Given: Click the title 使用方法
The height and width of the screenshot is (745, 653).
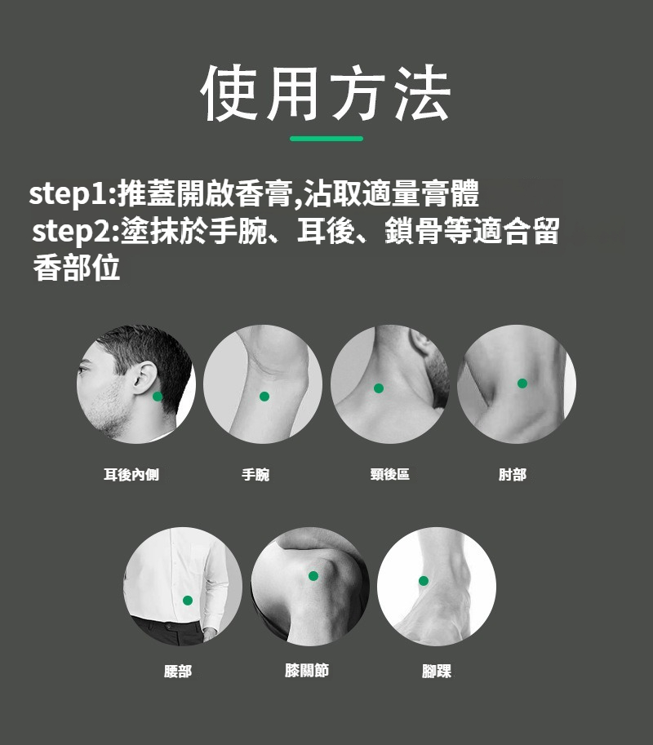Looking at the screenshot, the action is click(x=326, y=93).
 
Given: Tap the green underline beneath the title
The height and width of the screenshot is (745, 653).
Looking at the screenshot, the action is click(x=326, y=139).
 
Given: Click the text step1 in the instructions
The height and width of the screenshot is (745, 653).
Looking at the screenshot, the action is click(x=69, y=194).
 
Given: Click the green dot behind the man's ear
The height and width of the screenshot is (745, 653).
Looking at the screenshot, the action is click(x=158, y=397).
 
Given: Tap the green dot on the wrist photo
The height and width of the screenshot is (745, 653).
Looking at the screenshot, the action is click(x=264, y=397).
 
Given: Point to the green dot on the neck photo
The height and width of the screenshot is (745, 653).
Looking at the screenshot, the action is click(x=379, y=388).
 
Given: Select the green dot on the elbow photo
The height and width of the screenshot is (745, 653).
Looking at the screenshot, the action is click(x=522, y=383).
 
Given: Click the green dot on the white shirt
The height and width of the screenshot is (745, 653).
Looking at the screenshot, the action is click(x=188, y=601).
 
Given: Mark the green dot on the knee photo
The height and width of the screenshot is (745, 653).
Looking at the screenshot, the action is click(x=313, y=576).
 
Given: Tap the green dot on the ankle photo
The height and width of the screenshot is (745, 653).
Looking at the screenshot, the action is click(x=424, y=581).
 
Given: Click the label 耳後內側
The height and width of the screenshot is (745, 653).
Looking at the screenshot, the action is click(x=131, y=474).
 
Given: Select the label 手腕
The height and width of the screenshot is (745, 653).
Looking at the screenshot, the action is click(x=255, y=474).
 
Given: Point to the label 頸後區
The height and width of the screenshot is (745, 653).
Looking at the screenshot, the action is click(x=390, y=474).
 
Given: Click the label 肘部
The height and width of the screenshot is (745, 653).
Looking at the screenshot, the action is click(x=513, y=474).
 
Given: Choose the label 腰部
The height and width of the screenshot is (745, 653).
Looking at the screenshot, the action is click(x=178, y=672).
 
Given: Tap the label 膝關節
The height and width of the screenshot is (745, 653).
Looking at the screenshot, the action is click(x=307, y=671).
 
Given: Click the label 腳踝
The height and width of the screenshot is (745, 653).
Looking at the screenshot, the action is click(x=436, y=671).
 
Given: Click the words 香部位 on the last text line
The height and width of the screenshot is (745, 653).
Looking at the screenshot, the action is click(x=77, y=268).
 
